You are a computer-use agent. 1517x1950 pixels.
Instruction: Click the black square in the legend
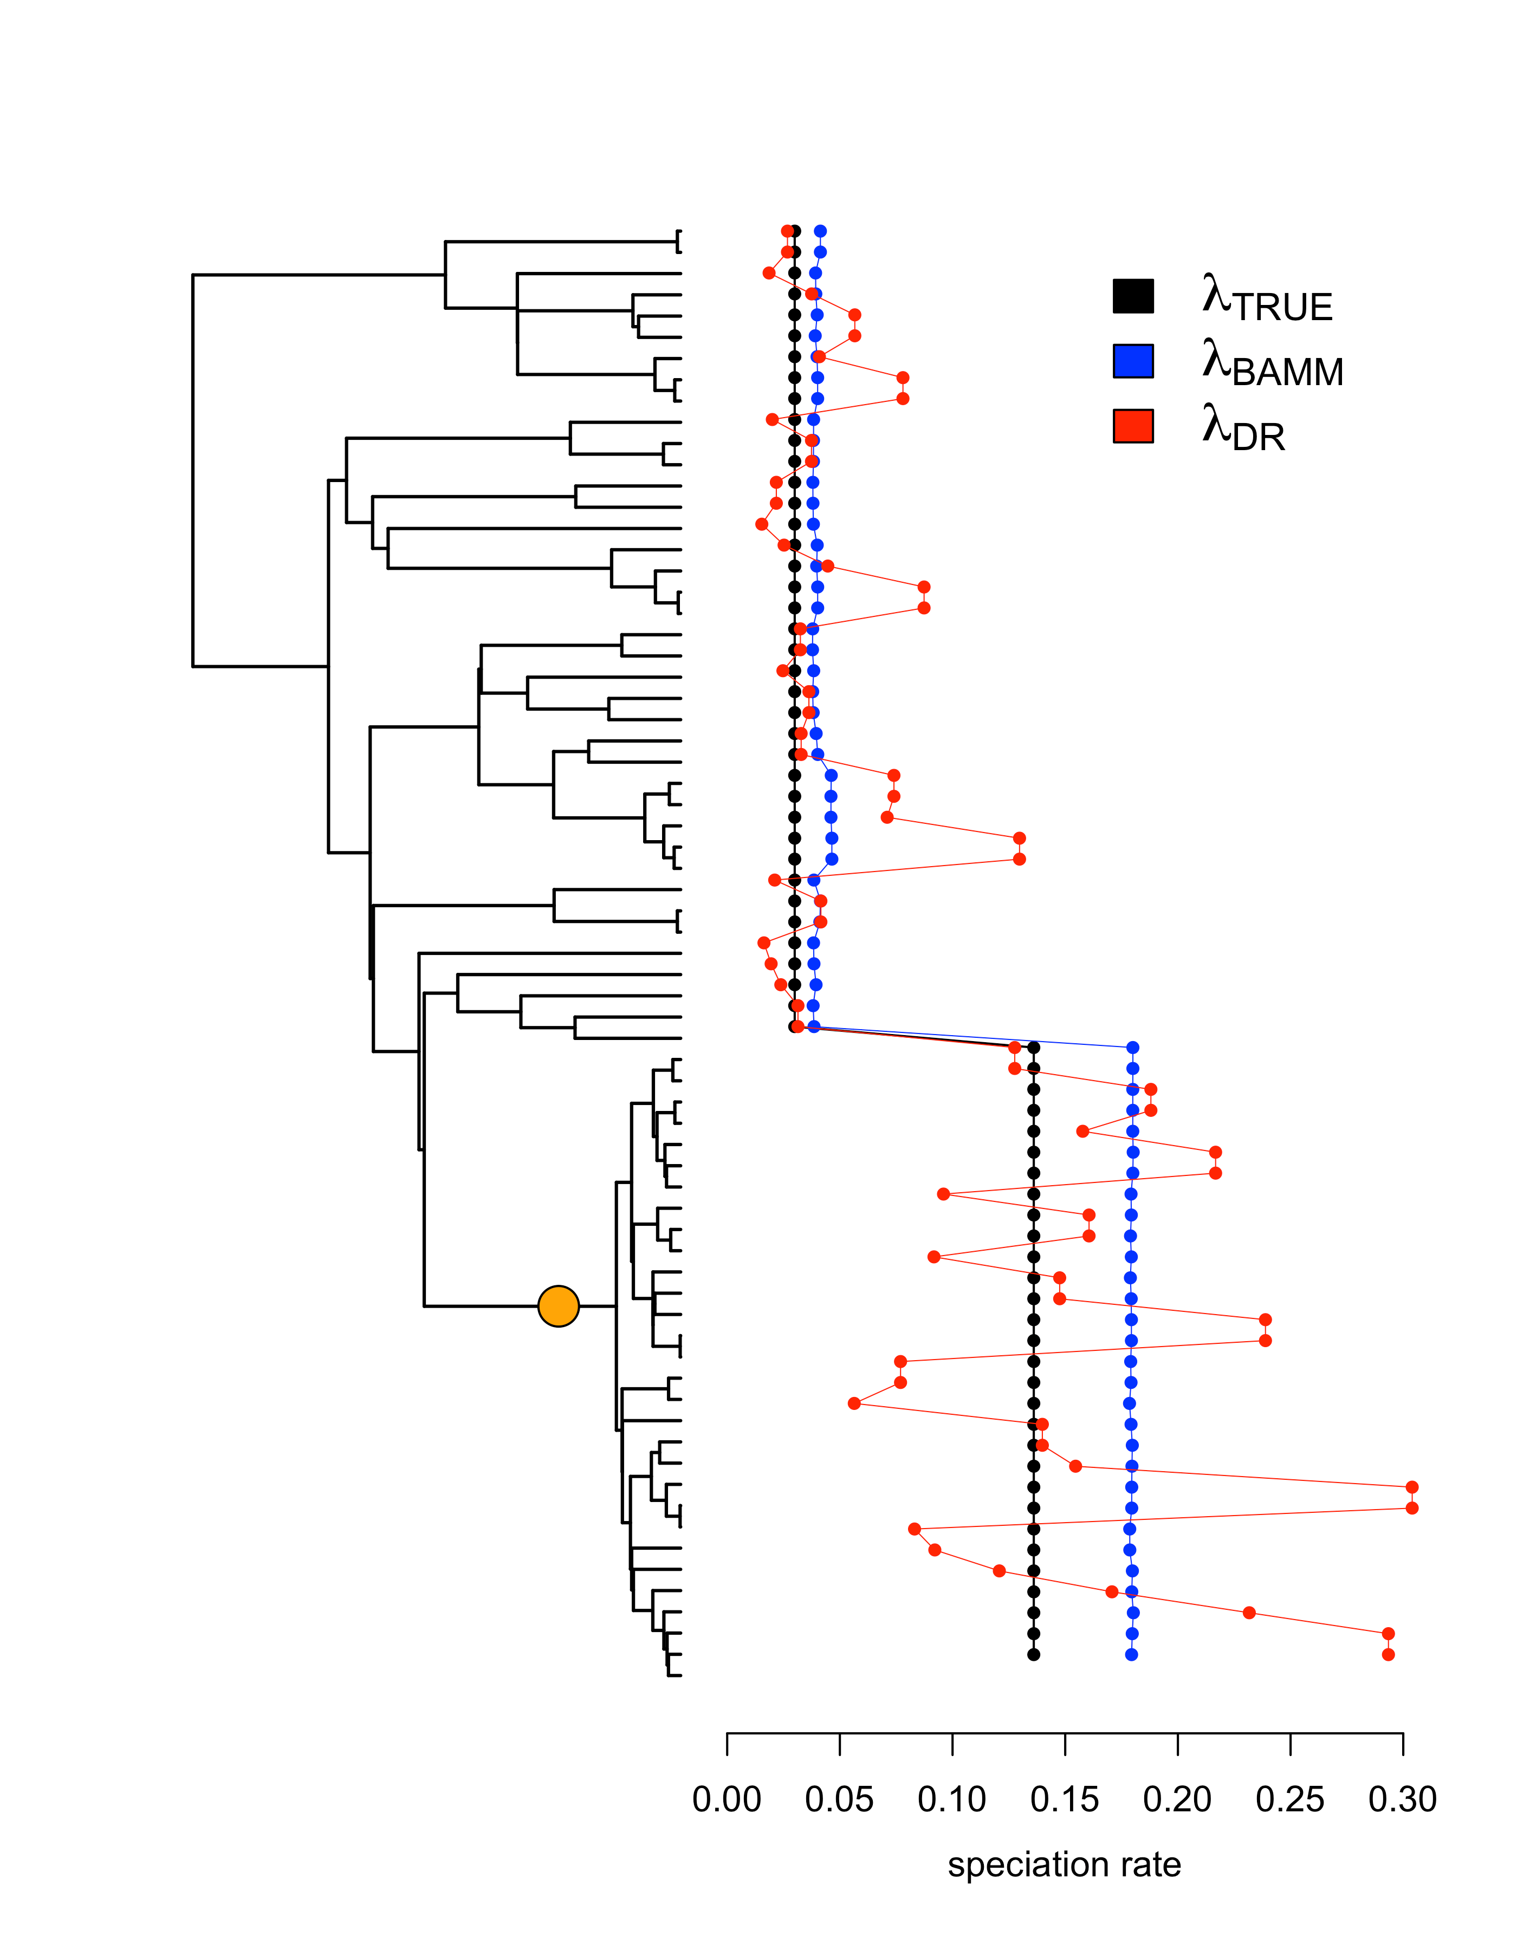coord(1132,296)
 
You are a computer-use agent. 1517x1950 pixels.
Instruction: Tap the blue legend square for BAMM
coord(1132,361)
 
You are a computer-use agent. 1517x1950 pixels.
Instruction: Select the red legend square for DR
coord(1132,426)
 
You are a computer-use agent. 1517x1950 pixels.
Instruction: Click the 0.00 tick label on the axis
coord(726,1799)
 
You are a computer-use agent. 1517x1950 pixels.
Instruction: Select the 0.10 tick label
coord(952,1799)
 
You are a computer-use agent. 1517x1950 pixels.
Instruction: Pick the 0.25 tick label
coord(1289,1799)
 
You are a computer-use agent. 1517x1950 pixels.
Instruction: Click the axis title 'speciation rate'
coord(1064,1864)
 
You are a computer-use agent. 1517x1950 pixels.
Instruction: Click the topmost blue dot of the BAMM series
coord(820,231)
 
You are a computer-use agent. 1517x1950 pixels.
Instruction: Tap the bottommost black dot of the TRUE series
coord(1033,1654)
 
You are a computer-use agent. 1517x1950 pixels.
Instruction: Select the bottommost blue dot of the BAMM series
coord(1131,1654)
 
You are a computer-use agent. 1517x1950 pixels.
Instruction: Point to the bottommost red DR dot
coord(1388,1654)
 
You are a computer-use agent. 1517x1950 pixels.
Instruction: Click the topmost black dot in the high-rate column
coord(1033,1048)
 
